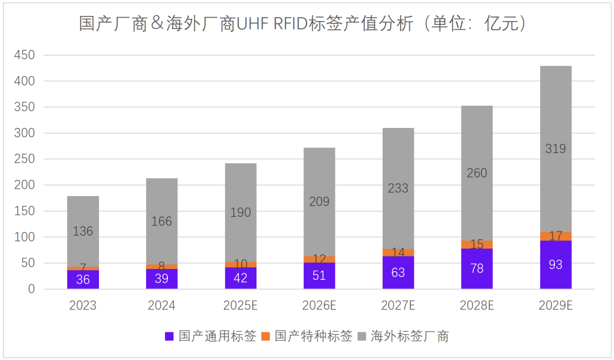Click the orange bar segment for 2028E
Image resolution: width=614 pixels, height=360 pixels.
coord(477,245)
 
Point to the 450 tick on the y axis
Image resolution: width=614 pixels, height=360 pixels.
coord(25,55)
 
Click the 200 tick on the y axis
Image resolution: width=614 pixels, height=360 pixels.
coord(25,185)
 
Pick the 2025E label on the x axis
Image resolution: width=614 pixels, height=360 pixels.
coord(240,305)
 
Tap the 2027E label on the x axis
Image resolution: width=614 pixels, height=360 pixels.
coord(398,305)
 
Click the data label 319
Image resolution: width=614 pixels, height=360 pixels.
coord(555,149)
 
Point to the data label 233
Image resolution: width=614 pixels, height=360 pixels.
coord(398,188)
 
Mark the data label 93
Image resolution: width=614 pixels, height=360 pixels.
coord(555,265)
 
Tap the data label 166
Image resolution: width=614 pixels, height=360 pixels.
coord(161,221)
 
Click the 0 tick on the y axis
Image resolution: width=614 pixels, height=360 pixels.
coord(31,289)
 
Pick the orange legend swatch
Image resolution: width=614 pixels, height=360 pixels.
coord(265,336)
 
